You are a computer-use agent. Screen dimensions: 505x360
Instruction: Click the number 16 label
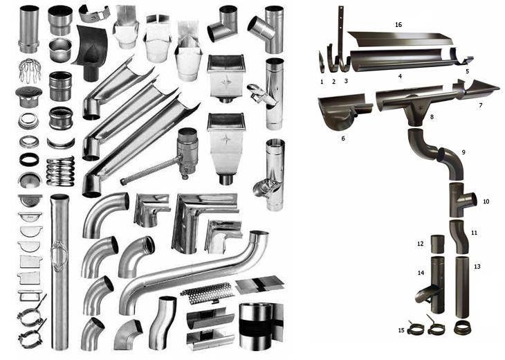pyautogui.click(x=398, y=25)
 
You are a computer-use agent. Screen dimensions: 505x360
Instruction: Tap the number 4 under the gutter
pyautogui.click(x=400, y=76)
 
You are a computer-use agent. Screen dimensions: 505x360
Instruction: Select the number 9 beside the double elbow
pyautogui.click(x=463, y=152)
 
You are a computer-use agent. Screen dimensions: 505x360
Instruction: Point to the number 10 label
pyautogui.click(x=486, y=201)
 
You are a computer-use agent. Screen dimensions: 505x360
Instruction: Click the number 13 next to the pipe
pyautogui.click(x=477, y=267)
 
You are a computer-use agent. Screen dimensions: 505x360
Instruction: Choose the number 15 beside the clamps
pyautogui.click(x=401, y=330)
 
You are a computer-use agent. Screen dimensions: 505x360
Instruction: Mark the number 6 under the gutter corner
pyautogui.click(x=343, y=138)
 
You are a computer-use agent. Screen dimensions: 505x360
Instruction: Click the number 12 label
pyautogui.click(x=421, y=244)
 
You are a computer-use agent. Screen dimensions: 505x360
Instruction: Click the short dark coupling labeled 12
pyautogui.click(x=438, y=244)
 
